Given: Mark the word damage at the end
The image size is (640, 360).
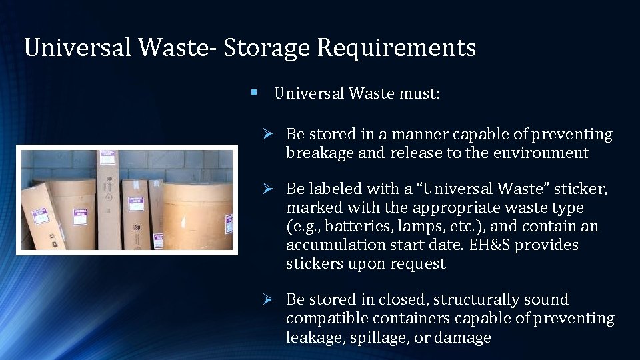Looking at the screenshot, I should pos(464,337).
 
